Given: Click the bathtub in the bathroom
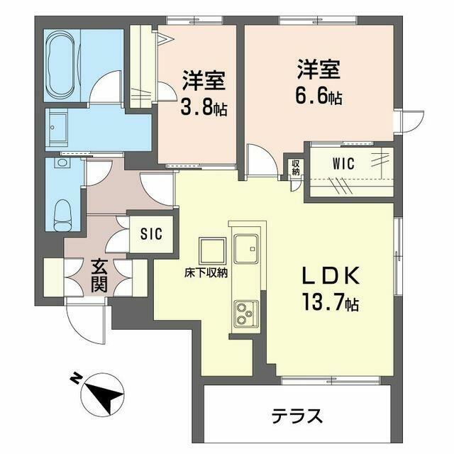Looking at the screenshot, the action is click(62, 65).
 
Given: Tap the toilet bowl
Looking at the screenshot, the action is click(63, 214).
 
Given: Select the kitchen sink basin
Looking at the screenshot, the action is click(246, 249).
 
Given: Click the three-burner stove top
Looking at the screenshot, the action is click(246, 314).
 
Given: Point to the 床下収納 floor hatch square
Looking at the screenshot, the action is click(212, 250).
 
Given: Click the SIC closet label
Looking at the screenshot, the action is click(151, 233).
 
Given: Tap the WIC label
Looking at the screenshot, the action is click(343, 164).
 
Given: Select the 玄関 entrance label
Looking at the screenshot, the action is click(99, 276).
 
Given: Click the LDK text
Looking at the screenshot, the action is click(331, 275).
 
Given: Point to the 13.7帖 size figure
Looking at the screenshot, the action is click(331, 301).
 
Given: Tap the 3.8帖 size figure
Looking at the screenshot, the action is click(204, 107).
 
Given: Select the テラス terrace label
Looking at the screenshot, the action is click(297, 416).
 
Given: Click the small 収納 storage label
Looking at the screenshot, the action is click(295, 167).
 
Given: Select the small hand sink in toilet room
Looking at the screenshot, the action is click(62, 162).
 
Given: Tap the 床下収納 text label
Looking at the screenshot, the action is click(206, 273).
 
